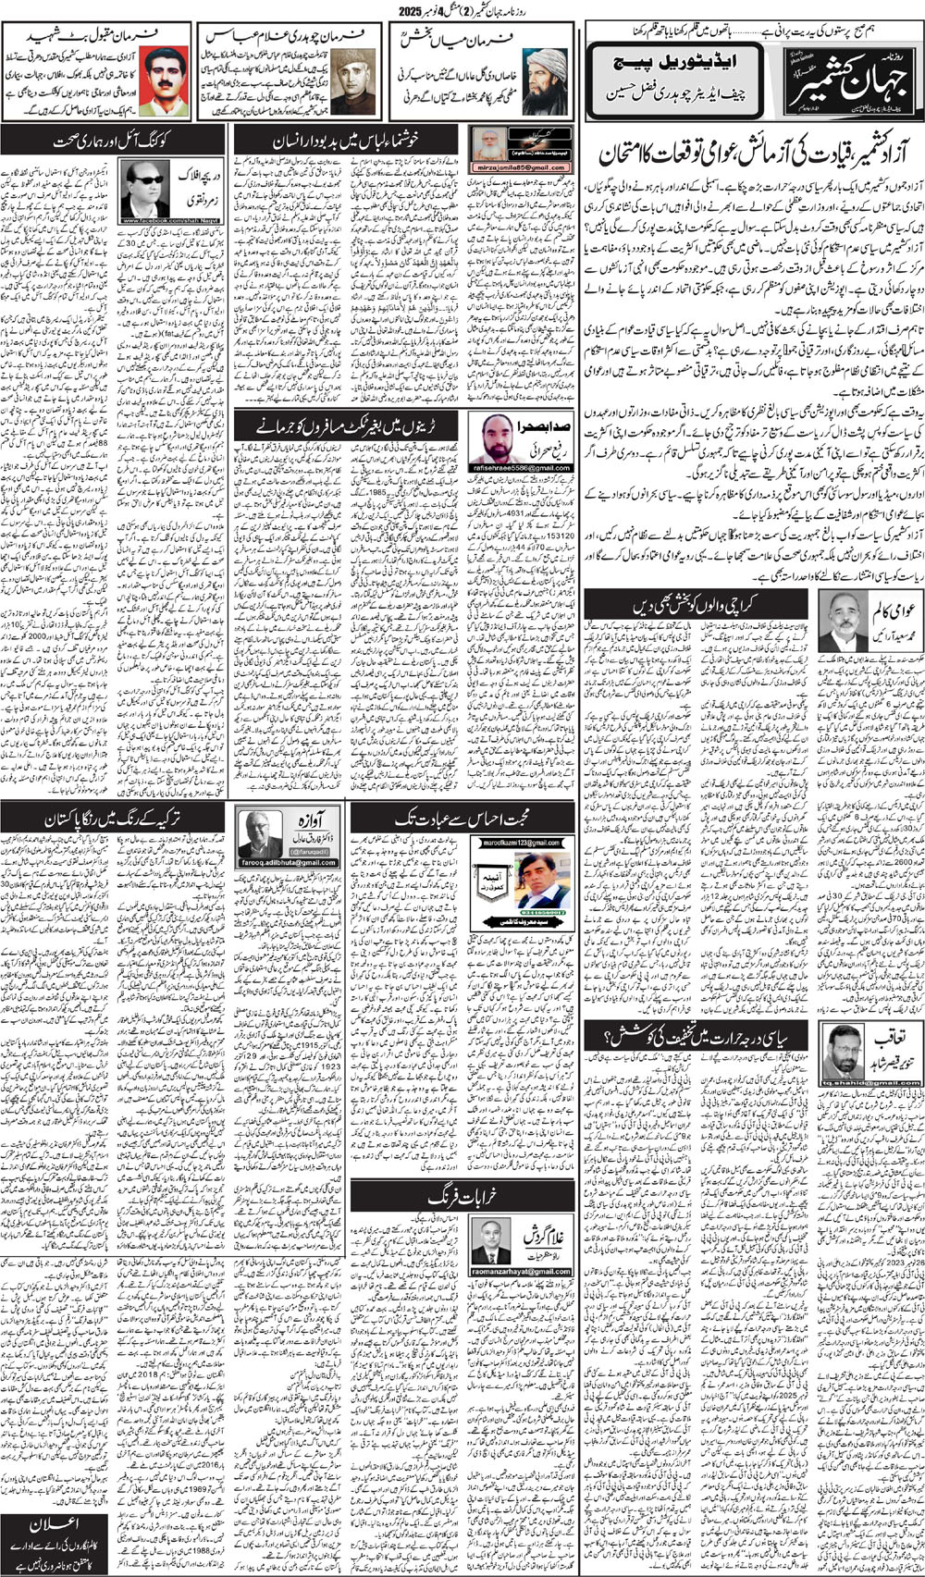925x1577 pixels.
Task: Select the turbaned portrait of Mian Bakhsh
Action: coord(546,82)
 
